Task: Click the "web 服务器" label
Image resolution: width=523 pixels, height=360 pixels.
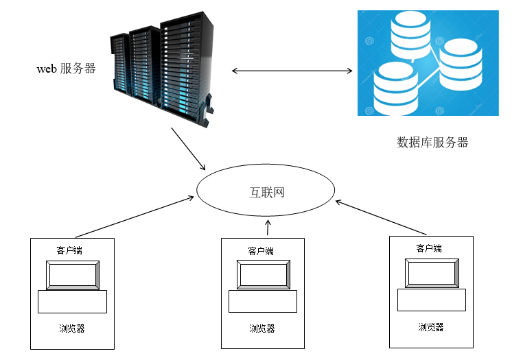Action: [66, 69]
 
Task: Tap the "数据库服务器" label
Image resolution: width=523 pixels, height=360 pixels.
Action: [432, 143]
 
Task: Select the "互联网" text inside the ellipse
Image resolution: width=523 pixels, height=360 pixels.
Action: [266, 191]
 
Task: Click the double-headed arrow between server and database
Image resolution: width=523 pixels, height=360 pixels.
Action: [292, 71]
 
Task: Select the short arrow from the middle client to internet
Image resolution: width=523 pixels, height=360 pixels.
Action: [268, 228]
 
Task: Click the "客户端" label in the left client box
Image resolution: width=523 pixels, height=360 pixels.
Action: [71, 250]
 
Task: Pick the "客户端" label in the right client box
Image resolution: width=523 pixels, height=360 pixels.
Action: [429, 248]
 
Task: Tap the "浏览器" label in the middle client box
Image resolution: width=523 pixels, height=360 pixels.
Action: [262, 328]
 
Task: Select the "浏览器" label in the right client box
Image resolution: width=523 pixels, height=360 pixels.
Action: [431, 327]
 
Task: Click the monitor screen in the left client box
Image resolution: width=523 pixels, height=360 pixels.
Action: [72, 275]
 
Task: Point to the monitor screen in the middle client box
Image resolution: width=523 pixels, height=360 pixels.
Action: [263, 275]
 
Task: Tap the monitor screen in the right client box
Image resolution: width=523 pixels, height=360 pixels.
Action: [431, 274]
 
